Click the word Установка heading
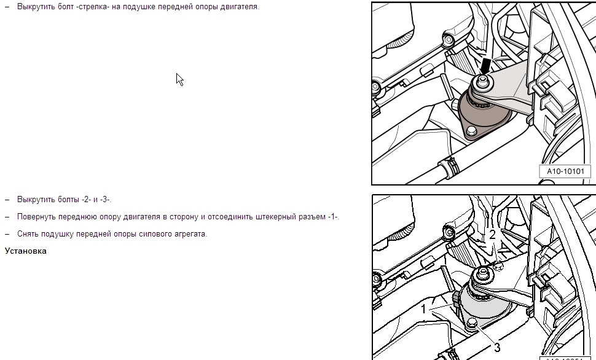pyautogui.click(x=25, y=251)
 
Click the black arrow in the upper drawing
pyautogui.click(x=485, y=66)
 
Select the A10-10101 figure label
pyautogui.click(x=565, y=171)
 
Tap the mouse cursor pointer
pyautogui.click(x=180, y=79)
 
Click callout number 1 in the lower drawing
pyautogui.click(x=424, y=309)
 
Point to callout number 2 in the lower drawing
pyautogui.click(x=492, y=235)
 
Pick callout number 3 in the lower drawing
pyautogui.click(x=497, y=347)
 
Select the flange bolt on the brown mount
pyautogui.click(x=471, y=131)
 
